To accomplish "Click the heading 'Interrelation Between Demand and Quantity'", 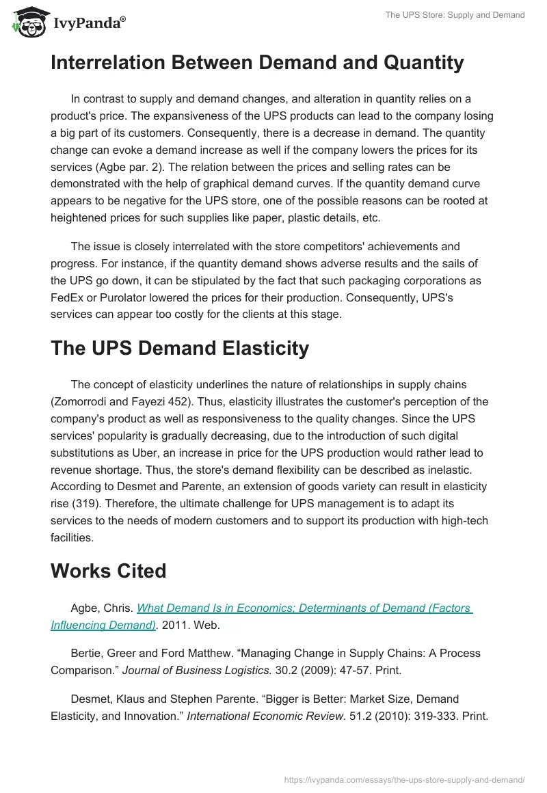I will (257, 63).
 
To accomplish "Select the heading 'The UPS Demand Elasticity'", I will (180, 348).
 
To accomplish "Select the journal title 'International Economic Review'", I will (265, 716).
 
